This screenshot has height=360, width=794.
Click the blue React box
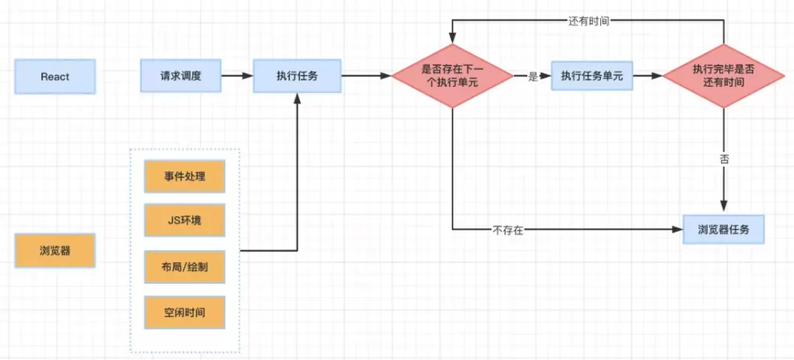[x=55, y=77]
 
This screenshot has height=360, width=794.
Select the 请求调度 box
[x=181, y=76]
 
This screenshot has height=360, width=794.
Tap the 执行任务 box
[x=297, y=76]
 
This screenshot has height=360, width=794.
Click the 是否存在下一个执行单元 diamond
[x=452, y=76]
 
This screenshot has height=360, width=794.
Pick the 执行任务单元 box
[x=592, y=76]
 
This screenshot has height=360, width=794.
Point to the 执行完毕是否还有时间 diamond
[x=723, y=76]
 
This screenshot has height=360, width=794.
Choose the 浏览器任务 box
[x=723, y=229]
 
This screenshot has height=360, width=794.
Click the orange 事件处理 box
[x=185, y=176]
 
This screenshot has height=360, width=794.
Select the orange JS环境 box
[x=185, y=220]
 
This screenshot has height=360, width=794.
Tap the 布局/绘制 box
[x=185, y=266]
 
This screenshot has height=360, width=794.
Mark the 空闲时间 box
[x=185, y=312]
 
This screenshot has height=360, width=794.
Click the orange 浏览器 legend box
[x=55, y=251]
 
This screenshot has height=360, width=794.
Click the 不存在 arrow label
[x=507, y=230]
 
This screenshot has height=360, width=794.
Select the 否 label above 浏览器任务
[x=724, y=159]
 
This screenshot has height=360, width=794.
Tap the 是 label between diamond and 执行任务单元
[x=532, y=77]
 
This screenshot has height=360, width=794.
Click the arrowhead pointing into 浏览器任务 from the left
[x=677, y=229]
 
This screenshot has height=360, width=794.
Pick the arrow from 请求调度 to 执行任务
[x=237, y=76]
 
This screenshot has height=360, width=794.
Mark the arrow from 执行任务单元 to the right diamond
[x=647, y=76]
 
